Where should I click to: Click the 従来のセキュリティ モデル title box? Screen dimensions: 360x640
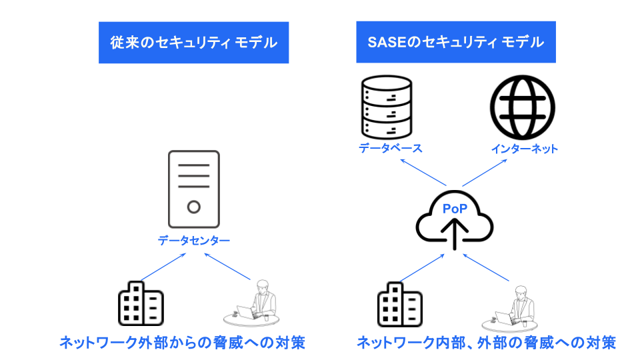pyautogui.click(x=193, y=43)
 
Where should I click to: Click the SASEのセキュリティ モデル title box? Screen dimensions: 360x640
pyautogui.click(x=456, y=43)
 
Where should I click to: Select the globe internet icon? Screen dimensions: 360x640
pyautogui.click(x=523, y=107)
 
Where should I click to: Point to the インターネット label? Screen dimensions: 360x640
pyautogui.click(x=524, y=148)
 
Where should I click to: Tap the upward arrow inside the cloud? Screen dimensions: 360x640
pyautogui.click(x=455, y=234)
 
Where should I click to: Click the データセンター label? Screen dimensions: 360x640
pyautogui.click(x=194, y=240)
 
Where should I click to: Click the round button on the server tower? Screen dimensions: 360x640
pyautogui.click(x=193, y=207)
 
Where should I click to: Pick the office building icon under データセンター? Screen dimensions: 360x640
pyautogui.click(x=141, y=303)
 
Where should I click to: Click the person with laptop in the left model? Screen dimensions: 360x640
pyautogui.click(x=256, y=303)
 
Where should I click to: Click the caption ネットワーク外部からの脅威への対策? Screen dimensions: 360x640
pyautogui.click(x=182, y=343)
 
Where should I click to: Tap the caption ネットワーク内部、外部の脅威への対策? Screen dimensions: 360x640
pyautogui.click(x=487, y=343)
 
